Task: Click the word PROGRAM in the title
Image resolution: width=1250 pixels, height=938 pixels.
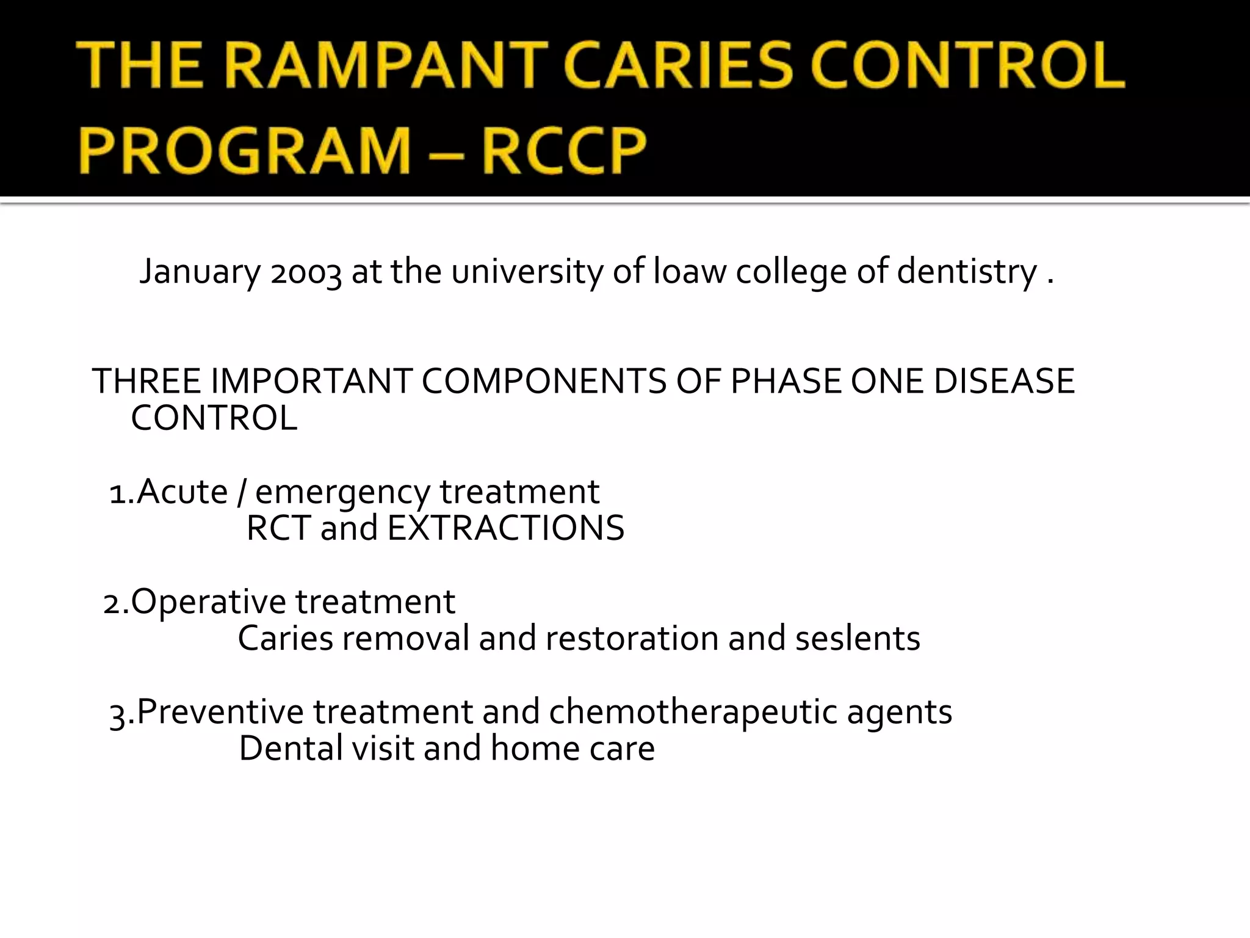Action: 244,150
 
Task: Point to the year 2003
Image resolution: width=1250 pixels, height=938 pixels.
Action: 306,272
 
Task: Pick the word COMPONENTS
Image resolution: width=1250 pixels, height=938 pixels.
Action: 544,382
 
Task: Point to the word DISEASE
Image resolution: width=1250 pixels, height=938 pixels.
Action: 1004,382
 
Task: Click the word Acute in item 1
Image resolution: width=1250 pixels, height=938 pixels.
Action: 182,492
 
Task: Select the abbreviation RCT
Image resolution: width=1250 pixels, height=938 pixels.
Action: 278,528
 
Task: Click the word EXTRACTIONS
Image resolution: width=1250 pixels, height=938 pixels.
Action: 506,528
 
